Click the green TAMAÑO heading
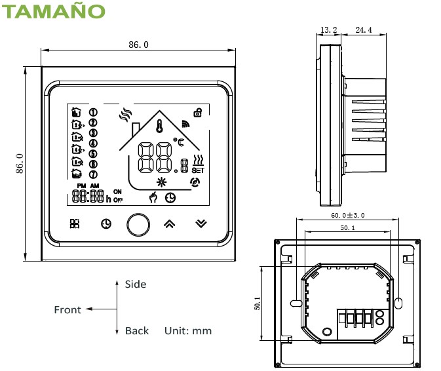[x=52, y=11]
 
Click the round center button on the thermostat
[x=138, y=224]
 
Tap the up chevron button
[x=169, y=224]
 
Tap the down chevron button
[x=201, y=224]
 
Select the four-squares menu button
[x=75, y=224]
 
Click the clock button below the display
[x=105, y=224]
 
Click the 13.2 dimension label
[x=330, y=30]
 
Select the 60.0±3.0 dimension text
[x=347, y=215]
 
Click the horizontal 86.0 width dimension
[x=138, y=45]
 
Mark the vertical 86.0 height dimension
[x=20, y=163]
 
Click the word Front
[x=67, y=310]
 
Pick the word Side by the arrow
[x=136, y=284]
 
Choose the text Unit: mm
[x=188, y=331]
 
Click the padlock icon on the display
[x=197, y=112]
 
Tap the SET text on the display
[x=198, y=170]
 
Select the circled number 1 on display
[x=93, y=113]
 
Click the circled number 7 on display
[x=93, y=174]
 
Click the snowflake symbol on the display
[x=161, y=182]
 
